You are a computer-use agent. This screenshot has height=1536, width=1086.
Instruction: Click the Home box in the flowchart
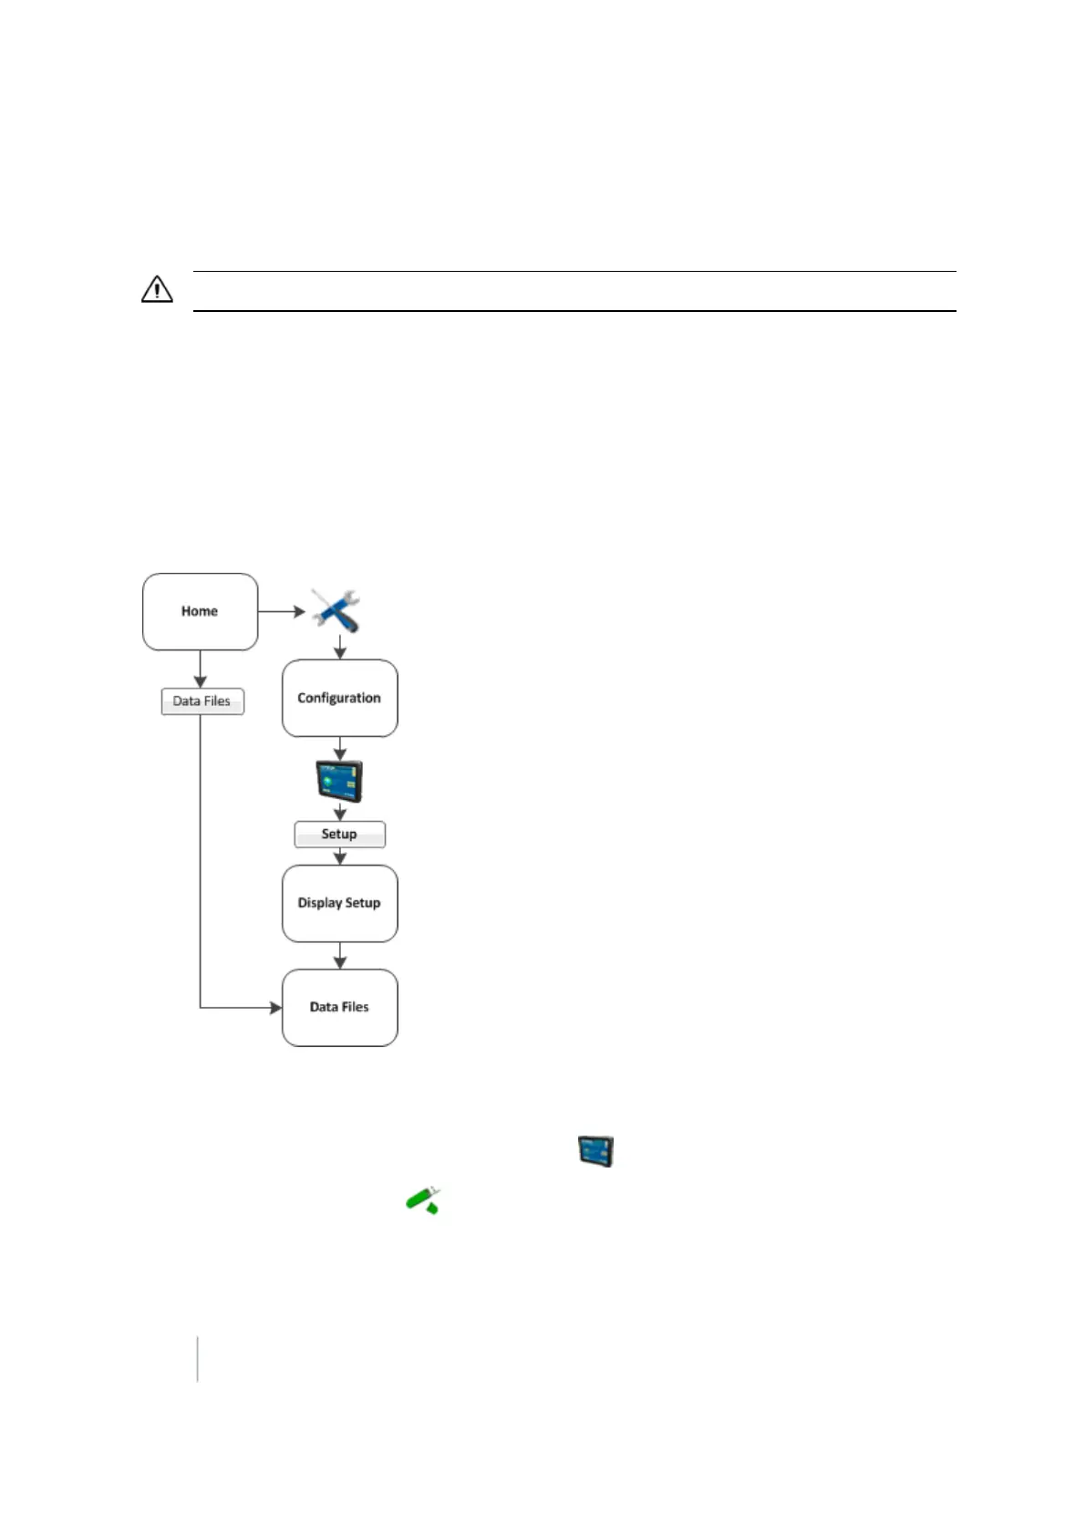(x=200, y=611)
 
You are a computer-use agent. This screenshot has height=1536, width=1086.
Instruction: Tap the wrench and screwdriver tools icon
(x=336, y=610)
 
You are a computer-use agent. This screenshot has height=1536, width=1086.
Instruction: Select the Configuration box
(x=339, y=698)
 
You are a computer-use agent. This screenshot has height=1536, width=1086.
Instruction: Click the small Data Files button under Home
(x=202, y=701)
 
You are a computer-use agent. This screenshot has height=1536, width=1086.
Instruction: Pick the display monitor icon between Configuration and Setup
(x=339, y=781)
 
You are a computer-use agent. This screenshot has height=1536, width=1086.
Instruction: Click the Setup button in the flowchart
(x=339, y=834)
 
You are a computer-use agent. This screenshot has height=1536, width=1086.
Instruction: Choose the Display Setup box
(x=339, y=903)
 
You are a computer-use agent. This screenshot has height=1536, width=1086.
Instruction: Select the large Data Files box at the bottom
(x=339, y=1007)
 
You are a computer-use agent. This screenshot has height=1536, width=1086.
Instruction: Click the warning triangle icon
(x=157, y=290)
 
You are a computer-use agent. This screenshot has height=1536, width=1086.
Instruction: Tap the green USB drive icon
(x=423, y=1199)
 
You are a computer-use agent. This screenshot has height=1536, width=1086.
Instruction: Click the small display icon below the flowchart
(x=595, y=1151)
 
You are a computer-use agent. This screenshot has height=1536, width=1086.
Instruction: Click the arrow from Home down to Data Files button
(x=200, y=669)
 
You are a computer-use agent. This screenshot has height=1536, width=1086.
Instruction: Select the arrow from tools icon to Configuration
(x=340, y=648)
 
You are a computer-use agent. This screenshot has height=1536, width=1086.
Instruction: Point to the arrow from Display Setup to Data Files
(x=340, y=956)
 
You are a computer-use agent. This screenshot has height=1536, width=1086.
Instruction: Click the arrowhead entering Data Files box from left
(x=275, y=1008)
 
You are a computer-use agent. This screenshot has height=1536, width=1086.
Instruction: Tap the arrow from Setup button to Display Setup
(x=340, y=856)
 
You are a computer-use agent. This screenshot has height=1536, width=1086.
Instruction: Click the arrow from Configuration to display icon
(x=340, y=749)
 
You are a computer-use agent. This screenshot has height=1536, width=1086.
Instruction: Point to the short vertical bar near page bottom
(x=197, y=1359)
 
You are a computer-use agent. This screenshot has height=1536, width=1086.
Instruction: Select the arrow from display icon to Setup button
(x=340, y=812)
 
